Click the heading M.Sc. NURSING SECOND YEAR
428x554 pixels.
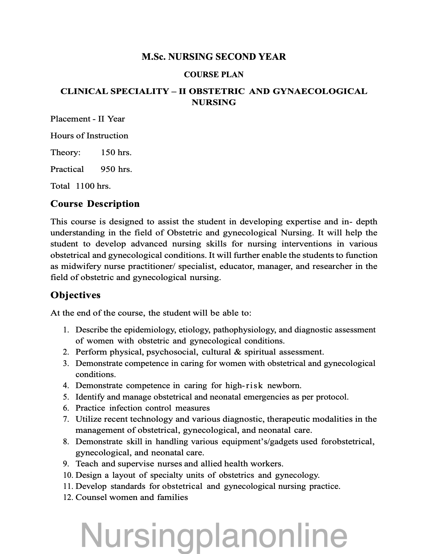point(213,57)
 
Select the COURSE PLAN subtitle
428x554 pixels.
point(213,75)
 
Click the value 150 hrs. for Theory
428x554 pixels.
point(116,152)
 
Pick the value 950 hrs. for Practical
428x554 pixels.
point(116,169)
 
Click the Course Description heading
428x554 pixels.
point(95,204)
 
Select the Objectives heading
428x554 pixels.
point(76,295)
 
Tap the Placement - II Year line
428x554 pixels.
point(88,119)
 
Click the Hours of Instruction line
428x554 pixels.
point(89,136)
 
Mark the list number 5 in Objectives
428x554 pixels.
point(66,397)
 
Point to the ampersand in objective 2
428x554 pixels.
point(238,352)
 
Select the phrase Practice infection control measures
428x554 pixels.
point(142,408)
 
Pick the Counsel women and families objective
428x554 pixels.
point(132,497)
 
